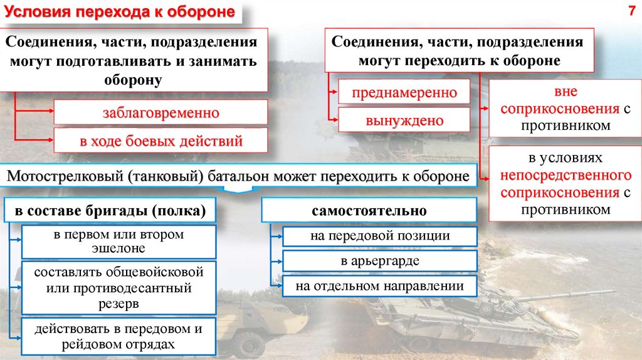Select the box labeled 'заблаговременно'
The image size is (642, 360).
pyautogui.click(x=161, y=114)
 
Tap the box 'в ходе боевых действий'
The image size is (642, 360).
pyautogui.click(x=161, y=141)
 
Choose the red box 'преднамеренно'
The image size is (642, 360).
pyautogui.click(x=404, y=93)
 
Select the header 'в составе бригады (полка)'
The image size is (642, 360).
pyautogui.click(x=110, y=211)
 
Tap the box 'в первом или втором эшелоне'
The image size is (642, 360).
pyautogui.click(x=118, y=241)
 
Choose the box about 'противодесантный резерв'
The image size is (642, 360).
pyautogui.click(x=118, y=289)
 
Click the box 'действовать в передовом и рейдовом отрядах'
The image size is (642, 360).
pyautogui.click(x=118, y=336)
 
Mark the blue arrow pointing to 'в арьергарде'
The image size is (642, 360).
pyautogui.click(x=276, y=261)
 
